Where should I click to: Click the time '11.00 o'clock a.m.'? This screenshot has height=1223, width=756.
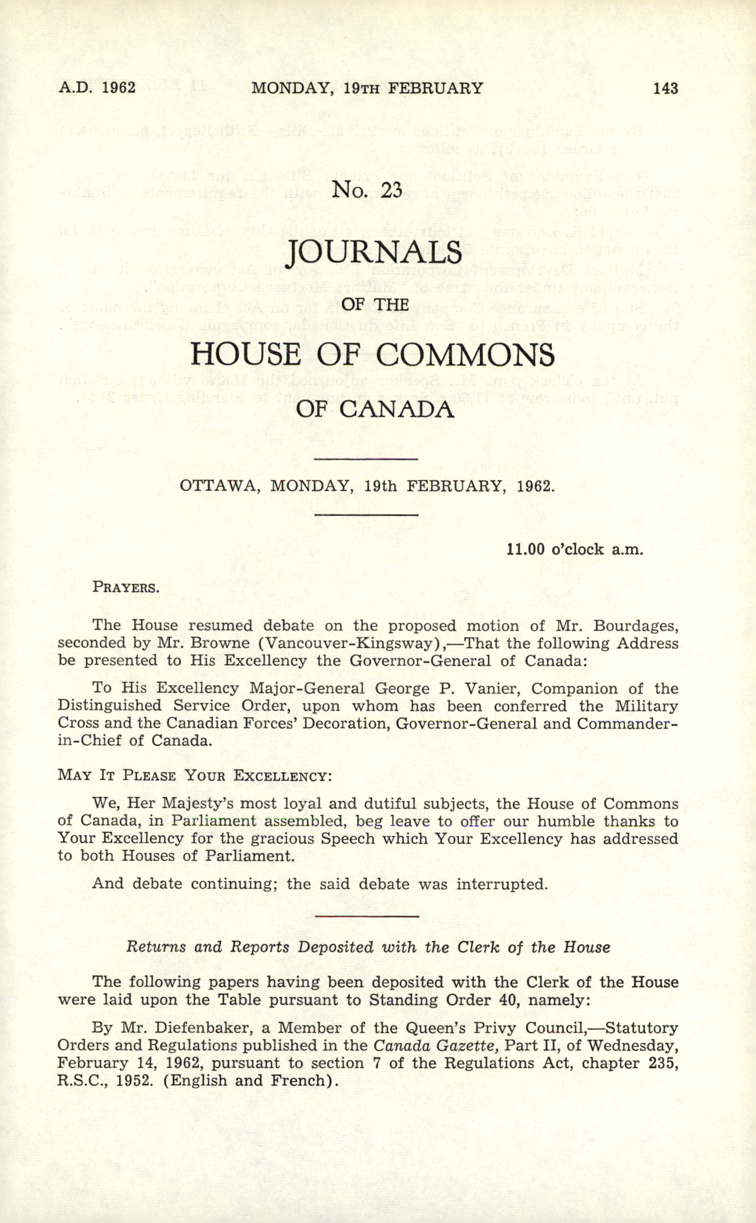point(574,550)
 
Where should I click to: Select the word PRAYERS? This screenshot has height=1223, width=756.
point(126,587)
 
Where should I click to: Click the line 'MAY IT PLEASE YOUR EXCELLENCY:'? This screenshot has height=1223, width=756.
point(195,776)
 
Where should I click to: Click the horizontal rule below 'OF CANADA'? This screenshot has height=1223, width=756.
point(368,459)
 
